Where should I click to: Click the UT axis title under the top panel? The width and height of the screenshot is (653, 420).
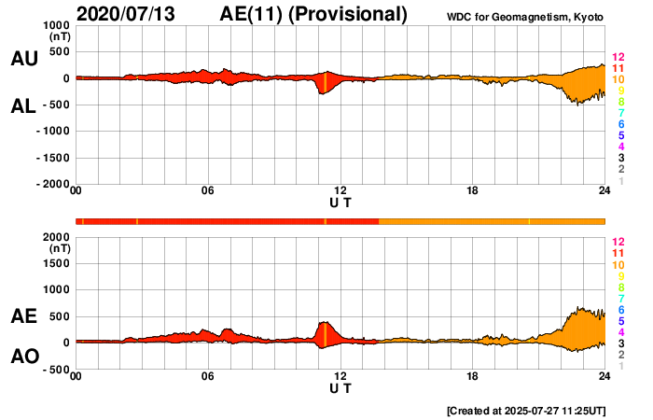pos(340,202)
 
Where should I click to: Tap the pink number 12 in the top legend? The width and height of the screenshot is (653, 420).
pos(617,58)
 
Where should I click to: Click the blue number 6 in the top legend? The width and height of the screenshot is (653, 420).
pos(620,124)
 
